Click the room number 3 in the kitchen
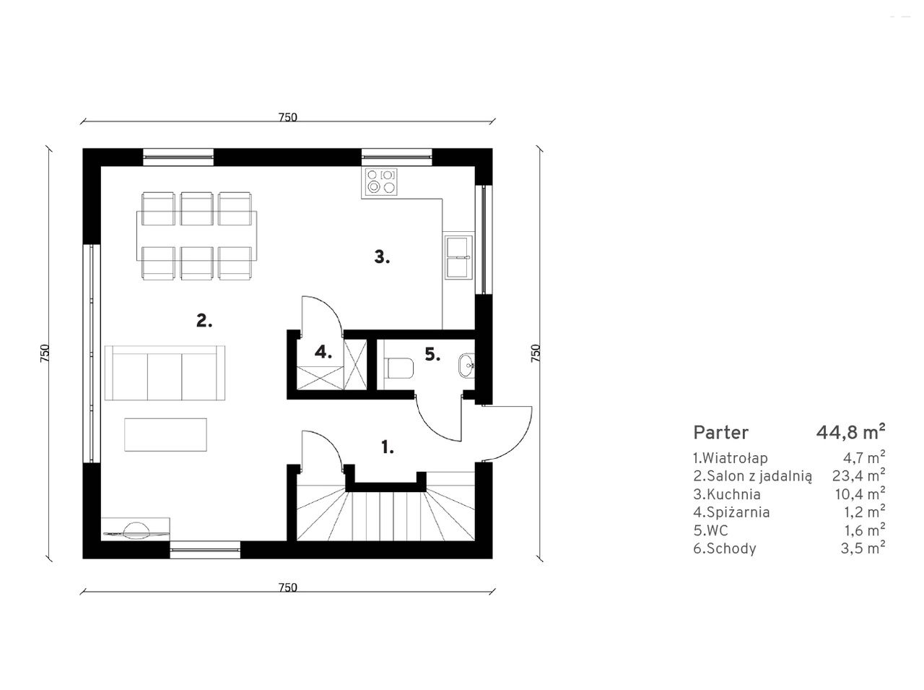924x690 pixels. pos(382,256)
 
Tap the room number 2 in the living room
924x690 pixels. pos(204,321)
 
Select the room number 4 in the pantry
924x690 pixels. pos(323,352)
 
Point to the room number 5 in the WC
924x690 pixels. pos(432,354)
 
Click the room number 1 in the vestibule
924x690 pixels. pos(387,447)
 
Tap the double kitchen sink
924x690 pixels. pos(458,257)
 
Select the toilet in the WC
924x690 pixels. pos(398,368)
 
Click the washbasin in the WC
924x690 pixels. pos(466,365)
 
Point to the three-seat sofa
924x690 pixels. pos(165,373)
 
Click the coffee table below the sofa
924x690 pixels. pos(165,435)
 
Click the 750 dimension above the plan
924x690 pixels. pos(287,117)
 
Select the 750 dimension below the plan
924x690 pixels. pos(287,587)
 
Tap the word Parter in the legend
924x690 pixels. pos(720,433)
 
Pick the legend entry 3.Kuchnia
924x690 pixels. pos(727,494)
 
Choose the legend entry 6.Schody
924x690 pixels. pos(725,548)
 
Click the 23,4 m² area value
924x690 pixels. pos(859,475)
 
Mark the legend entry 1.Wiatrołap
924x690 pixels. pos(731,458)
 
